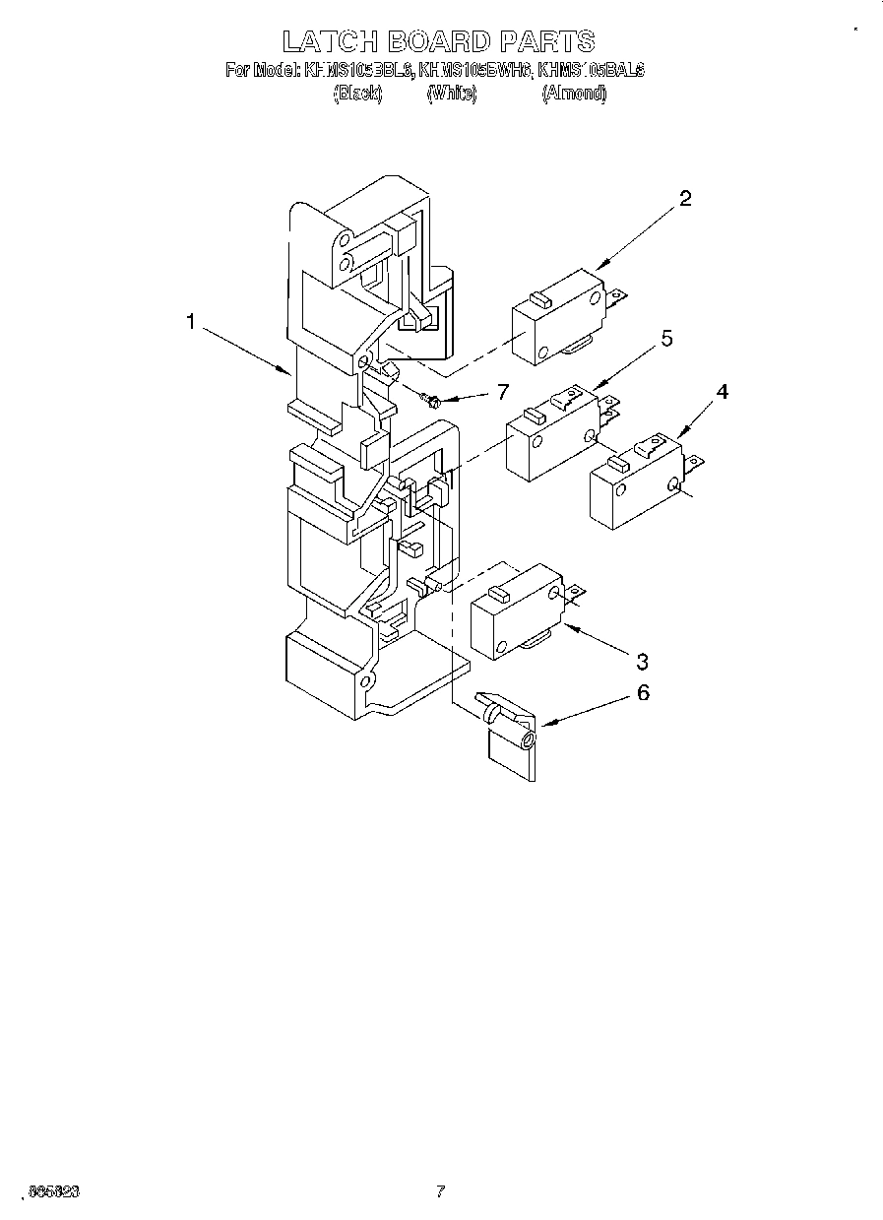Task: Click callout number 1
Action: pyautogui.click(x=193, y=322)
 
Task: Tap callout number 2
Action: pyautogui.click(x=685, y=198)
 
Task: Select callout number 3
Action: pyautogui.click(x=642, y=660)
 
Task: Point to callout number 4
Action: pyautogui.click(x=722, y=392)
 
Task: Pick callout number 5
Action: pyautogui.click(x=666, y=340)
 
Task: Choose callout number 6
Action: pyautogui.click(x=642, y=692)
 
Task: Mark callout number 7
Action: pyautogui.click(x=502, y=392)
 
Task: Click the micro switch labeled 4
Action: pyautogui.click(x=635, y=483)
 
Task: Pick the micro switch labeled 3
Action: pyautogui.click(x=517, y=615)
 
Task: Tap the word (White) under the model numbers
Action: pyautogui.click(x=452, y=94)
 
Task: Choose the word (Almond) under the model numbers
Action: pyautogui.click(x=574, y=94)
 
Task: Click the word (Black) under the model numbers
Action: pyautogui.click(x=357, y=94)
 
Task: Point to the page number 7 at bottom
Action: pyautogui.click(x=441, y=1190)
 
